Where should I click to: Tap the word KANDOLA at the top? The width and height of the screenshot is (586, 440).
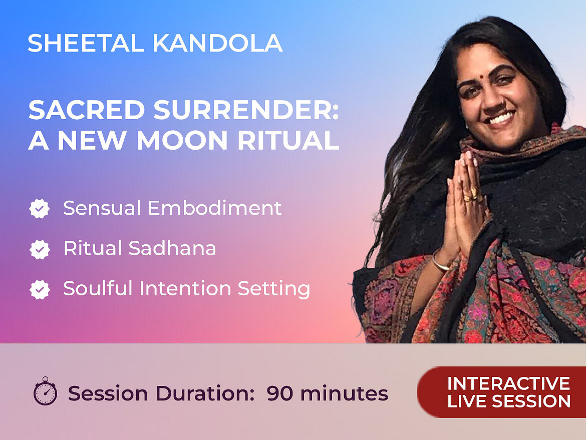pos(217,43)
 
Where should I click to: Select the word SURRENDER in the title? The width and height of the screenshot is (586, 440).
pos(246,110)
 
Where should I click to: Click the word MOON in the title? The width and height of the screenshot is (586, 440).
pos(182,141)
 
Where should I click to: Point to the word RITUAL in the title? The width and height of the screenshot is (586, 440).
pos(288,141)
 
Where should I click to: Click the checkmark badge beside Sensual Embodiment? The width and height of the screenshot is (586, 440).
pos(40,209)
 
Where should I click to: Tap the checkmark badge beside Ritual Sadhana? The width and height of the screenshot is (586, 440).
pos(40,249)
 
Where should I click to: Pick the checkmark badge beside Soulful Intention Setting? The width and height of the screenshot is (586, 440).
pos(40,289)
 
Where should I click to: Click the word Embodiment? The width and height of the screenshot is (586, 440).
pos(215,208)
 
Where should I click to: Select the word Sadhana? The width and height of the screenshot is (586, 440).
pos(172,248)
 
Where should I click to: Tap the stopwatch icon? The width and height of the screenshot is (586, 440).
pos(45,391)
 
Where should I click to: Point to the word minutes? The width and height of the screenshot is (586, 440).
pos(344,393)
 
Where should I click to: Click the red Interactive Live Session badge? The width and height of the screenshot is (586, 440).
pos(501,392)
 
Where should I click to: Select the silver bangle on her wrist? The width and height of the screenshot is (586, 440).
pos(440,261)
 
